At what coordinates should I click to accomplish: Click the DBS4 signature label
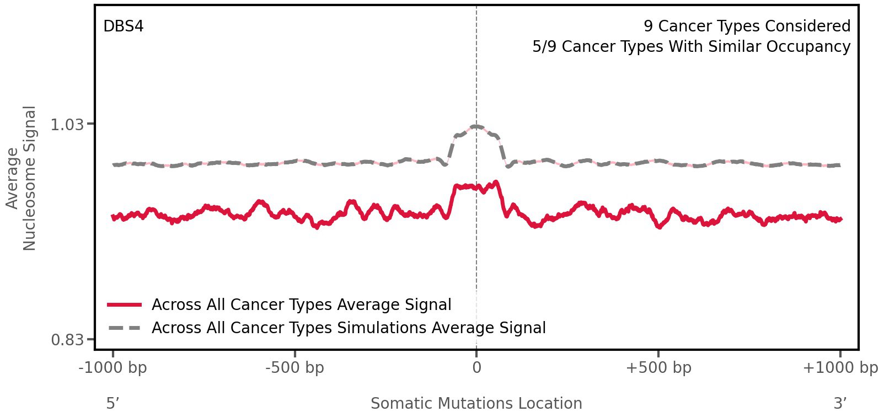(123, 26)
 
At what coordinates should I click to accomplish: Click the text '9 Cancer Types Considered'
(747, 26)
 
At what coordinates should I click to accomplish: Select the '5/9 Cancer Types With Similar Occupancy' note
(691, 47)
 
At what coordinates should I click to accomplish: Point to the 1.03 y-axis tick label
(67, 125)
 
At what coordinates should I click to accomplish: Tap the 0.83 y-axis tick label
(67, 339)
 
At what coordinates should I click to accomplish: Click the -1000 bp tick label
(113, 368)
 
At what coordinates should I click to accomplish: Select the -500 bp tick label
(294, 368)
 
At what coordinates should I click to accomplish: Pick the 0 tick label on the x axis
(476, 368)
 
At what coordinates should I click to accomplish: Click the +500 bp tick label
(658, 368)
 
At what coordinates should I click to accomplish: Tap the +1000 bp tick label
(839, 368)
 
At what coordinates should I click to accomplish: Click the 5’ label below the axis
(112, 403)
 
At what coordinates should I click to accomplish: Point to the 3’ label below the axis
(840, 403)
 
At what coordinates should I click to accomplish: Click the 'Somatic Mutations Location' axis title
(476, 404)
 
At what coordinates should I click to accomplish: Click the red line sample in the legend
(125, 304)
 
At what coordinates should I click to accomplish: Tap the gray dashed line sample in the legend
(125, 328)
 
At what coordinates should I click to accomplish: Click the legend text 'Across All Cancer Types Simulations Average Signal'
(349, 328)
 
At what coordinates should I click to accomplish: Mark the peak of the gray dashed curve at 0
(476, 126)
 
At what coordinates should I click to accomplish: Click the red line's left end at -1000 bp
(113, 217)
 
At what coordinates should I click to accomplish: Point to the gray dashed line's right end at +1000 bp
(839, 165)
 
